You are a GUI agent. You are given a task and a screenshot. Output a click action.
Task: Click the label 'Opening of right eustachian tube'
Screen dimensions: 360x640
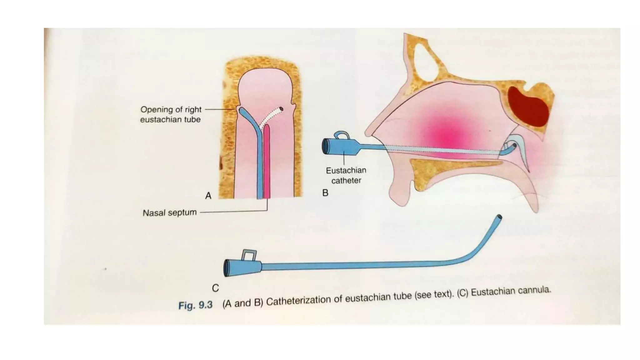[x=171, y=114]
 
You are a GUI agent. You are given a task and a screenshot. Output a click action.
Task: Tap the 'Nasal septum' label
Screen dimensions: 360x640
[x=170, y=213]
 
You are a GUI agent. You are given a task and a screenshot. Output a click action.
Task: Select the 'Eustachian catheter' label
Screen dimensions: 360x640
[x=346, y=175]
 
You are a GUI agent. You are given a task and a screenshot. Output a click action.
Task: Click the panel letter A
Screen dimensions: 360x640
[x=208, y=196]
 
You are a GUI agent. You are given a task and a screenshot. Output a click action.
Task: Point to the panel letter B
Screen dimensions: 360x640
[x=325, y=193]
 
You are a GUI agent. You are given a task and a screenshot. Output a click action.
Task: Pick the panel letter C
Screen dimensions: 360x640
[x=215, y=288]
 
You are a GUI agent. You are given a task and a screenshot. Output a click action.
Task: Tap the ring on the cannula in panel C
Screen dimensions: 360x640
[x=249, y=255]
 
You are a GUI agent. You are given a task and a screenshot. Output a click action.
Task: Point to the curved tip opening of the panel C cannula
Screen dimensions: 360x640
[x=499, y=217]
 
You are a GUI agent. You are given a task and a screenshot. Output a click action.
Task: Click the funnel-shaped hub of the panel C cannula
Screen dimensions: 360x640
[x=242, y=268]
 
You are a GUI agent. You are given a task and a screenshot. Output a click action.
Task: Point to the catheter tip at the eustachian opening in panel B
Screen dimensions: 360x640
[x=513, y=145]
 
